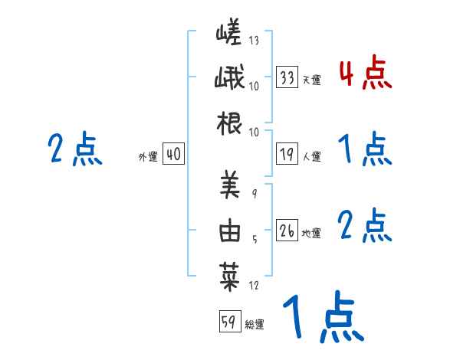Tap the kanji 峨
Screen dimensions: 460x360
click(230, 80)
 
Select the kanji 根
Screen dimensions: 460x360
click(230, 125)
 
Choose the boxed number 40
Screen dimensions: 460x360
click(173, 155)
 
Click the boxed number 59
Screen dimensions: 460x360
click(228, 322)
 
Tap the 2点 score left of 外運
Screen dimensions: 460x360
click(74, 149)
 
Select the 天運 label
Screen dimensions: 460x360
click(311, 80)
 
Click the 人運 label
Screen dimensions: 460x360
click(311, 157)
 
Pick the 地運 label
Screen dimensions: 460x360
click(311, 234)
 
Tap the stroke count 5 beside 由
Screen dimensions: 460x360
click(254, 240)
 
